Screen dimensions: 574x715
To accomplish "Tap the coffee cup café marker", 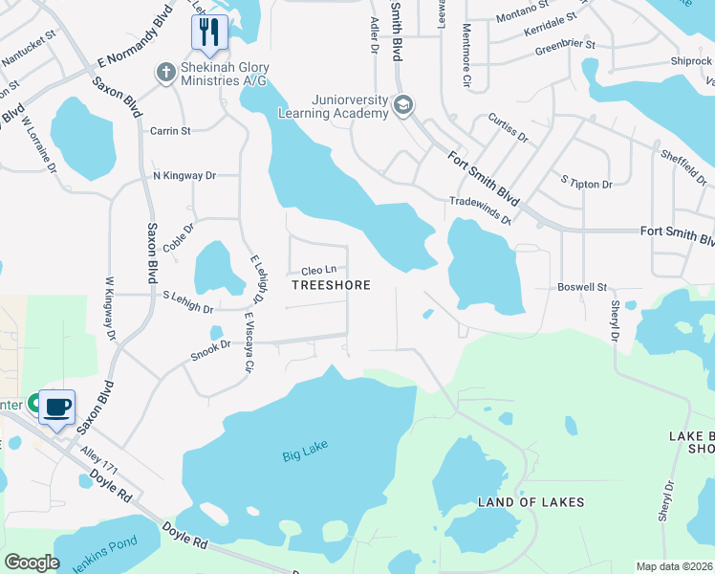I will [57, 407].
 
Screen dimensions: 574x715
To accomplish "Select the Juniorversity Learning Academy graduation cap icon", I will [403, 105].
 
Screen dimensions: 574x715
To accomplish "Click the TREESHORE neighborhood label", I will [330, 285].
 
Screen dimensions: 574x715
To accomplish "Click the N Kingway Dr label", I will [184, 176].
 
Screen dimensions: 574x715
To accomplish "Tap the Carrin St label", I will [170, 130].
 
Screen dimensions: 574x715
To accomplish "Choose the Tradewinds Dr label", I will [481, 210].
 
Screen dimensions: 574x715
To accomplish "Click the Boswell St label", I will [583, 287].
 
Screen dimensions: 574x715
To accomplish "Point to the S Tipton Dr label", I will [586, 182].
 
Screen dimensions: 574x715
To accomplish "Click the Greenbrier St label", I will [565, 45].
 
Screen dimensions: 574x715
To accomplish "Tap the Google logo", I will [32, 563].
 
